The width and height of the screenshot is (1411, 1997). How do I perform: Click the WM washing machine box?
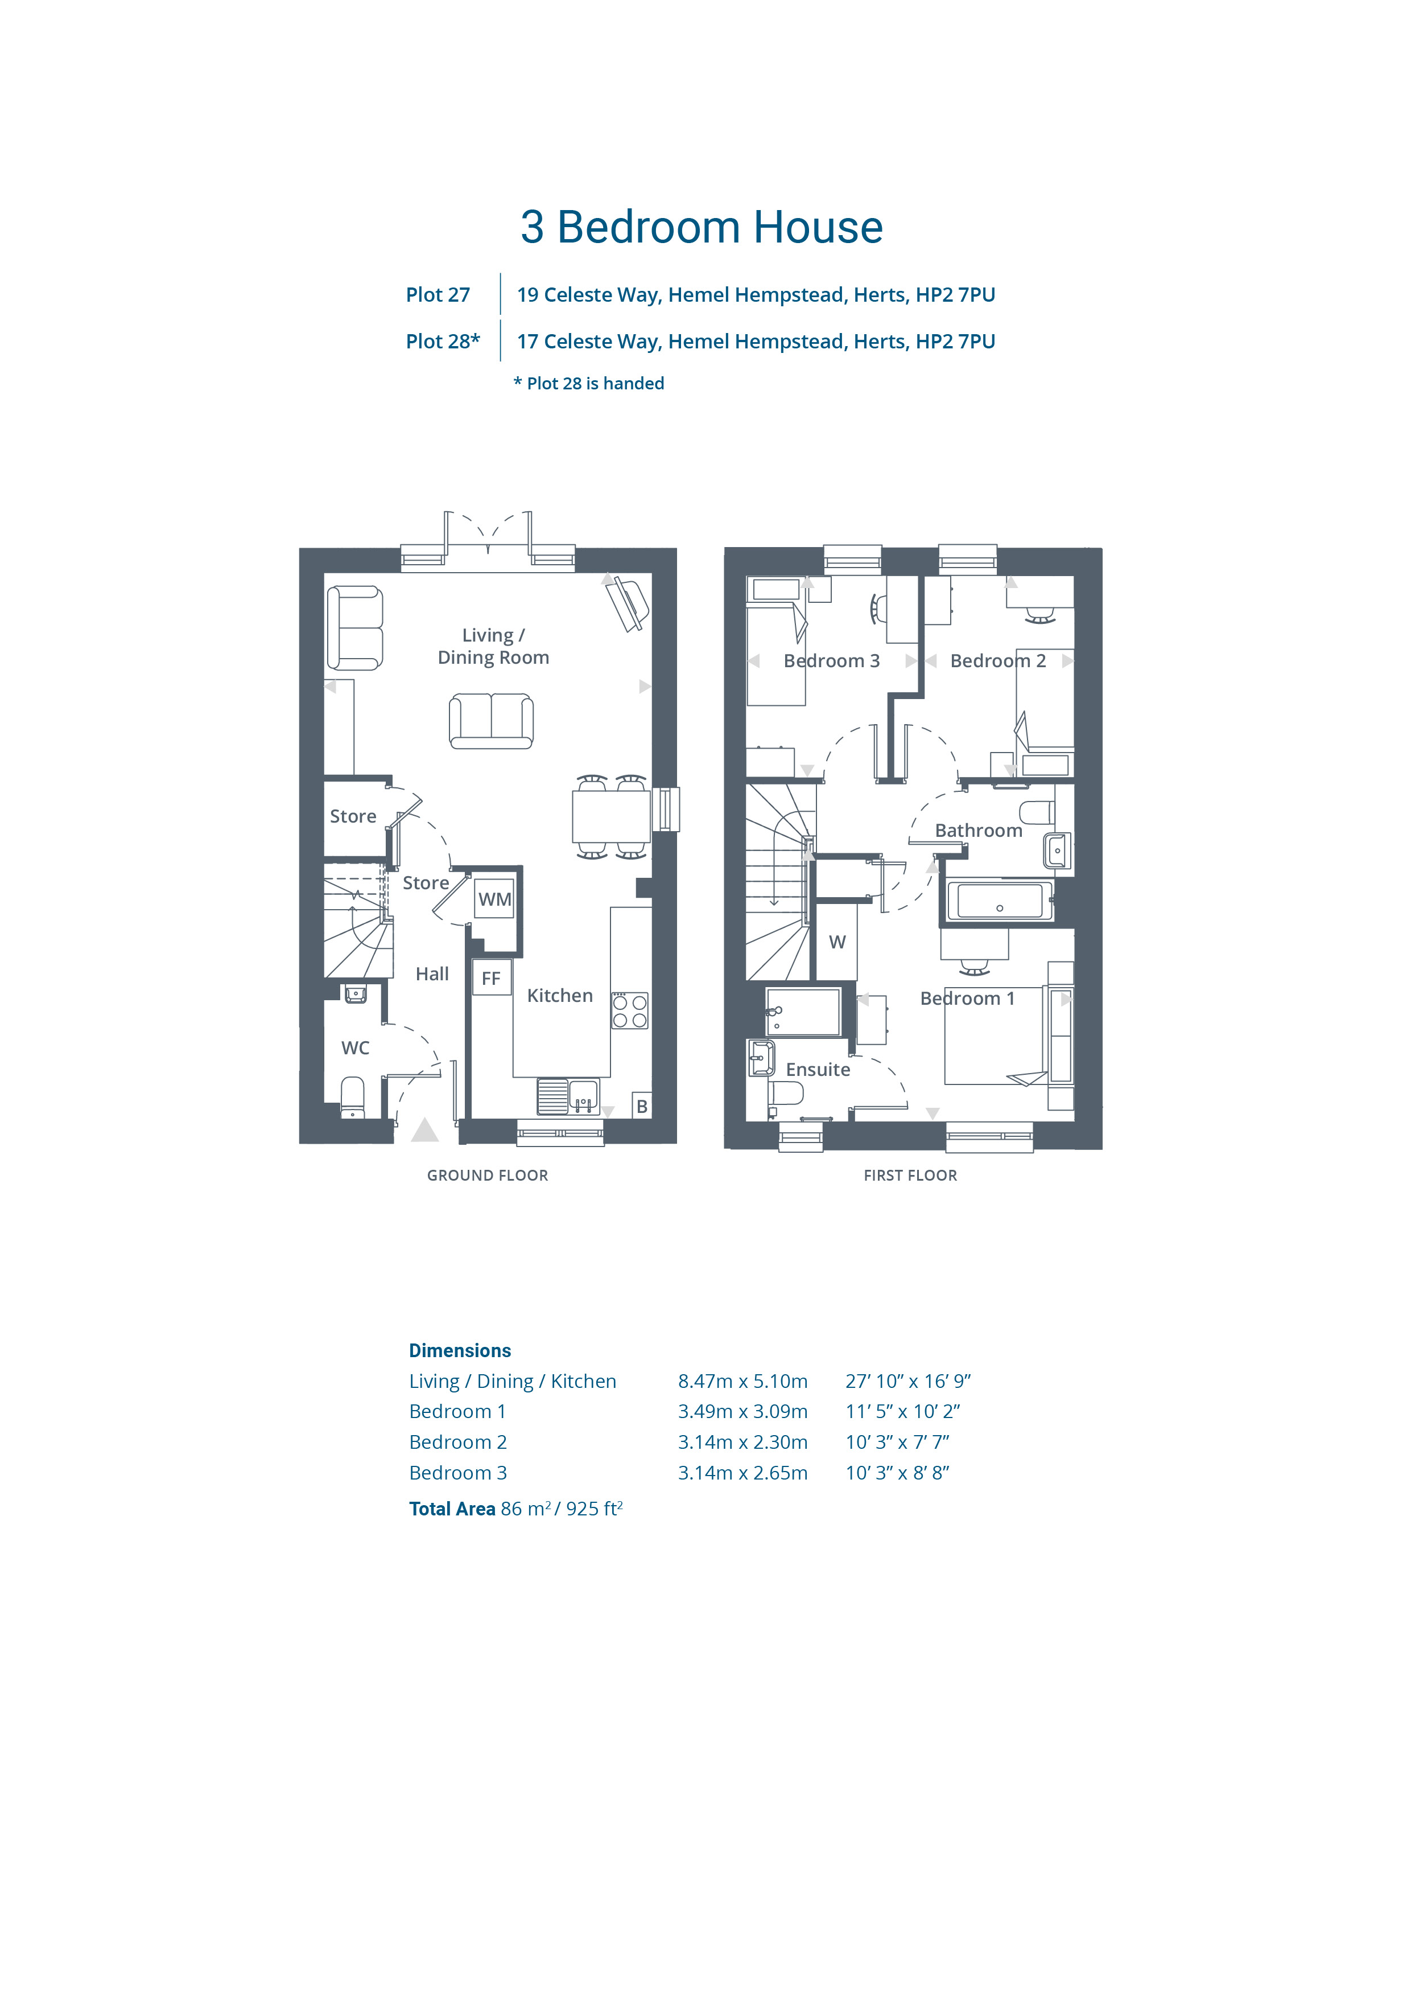click(494, 899)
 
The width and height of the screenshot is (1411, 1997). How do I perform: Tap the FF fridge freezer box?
click(491, 977)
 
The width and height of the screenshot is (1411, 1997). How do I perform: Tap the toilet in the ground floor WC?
click(352, 1098)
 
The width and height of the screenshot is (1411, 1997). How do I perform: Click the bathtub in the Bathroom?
click(1000, 901)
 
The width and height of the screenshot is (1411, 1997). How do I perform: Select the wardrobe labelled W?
click(837, 942)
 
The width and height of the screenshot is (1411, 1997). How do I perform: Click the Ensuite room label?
click(818, 1070)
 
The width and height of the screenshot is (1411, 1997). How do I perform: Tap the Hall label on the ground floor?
click(432, 974)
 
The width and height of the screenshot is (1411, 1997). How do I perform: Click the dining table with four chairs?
click(611, 816)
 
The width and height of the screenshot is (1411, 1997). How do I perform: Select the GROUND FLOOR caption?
click(488, 1175)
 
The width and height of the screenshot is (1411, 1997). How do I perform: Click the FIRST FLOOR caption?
click(910, 1175)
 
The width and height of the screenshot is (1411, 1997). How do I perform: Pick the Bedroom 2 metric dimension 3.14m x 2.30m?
click(742, 1442)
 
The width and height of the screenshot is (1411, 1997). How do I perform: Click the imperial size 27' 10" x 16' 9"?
click(907, 1381)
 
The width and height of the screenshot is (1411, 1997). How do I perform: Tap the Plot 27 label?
click(438, 295)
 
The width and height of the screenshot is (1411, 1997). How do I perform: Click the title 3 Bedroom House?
click(702, 227)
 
